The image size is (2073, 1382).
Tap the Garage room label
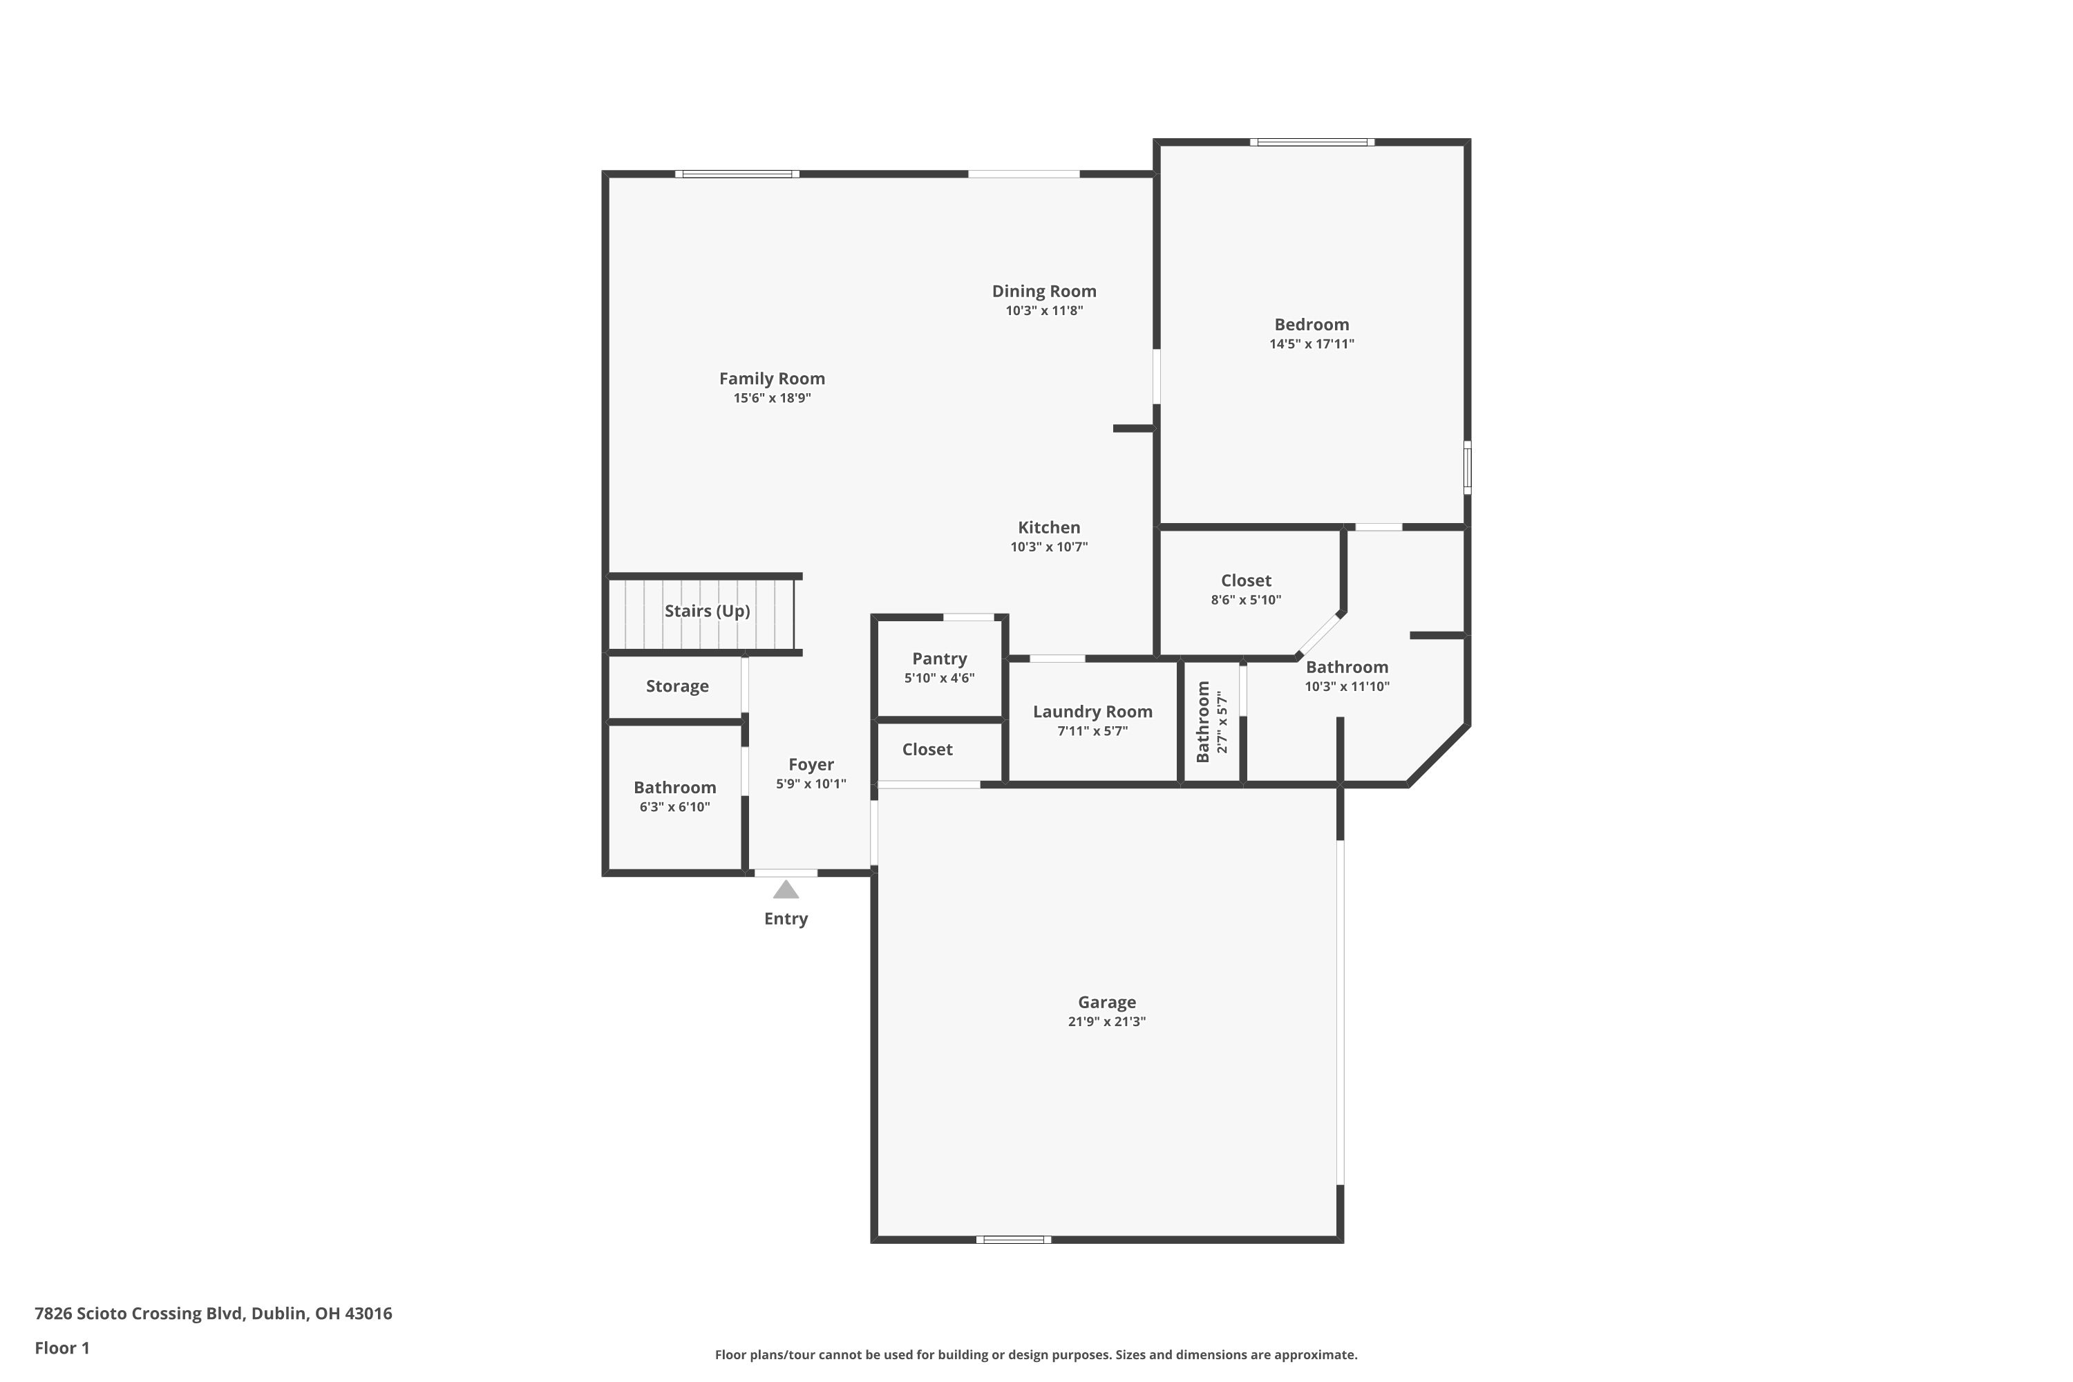pyautogui.click(x=1106, y=1002)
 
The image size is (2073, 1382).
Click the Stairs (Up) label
pyautogui.click(x=707, y=611)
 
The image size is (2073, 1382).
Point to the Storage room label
pyautogui.click(x=677, y=685)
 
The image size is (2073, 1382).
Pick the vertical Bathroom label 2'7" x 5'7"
pyautogui.click(x=1203, y=722)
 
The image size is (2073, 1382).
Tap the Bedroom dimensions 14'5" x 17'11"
pyautogui.click(x=1312, y=343)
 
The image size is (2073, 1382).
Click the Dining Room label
pyautogui.click(x=1043, y=291)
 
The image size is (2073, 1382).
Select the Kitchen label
pyautogui.click(x=1049, y=527)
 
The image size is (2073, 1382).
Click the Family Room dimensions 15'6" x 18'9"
pyautogui.click(x=772, y=397)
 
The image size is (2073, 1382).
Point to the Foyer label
pyautogui.click(x=811, y=764)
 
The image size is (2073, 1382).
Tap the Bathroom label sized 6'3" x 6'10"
pyautogui.click(x=674, y=787)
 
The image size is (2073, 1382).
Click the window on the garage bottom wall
pyautogui.click(x=1013, y=1239)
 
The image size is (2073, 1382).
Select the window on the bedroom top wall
pyautogui.click(x=1311, y=142)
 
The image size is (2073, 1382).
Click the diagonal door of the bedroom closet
pyautogui.click(x=1318, y=633)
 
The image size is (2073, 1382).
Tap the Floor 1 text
pyautogui.click(x=61, y=1347)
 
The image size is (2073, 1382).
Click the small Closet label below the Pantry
pyautogui.click(x=927, y=749)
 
